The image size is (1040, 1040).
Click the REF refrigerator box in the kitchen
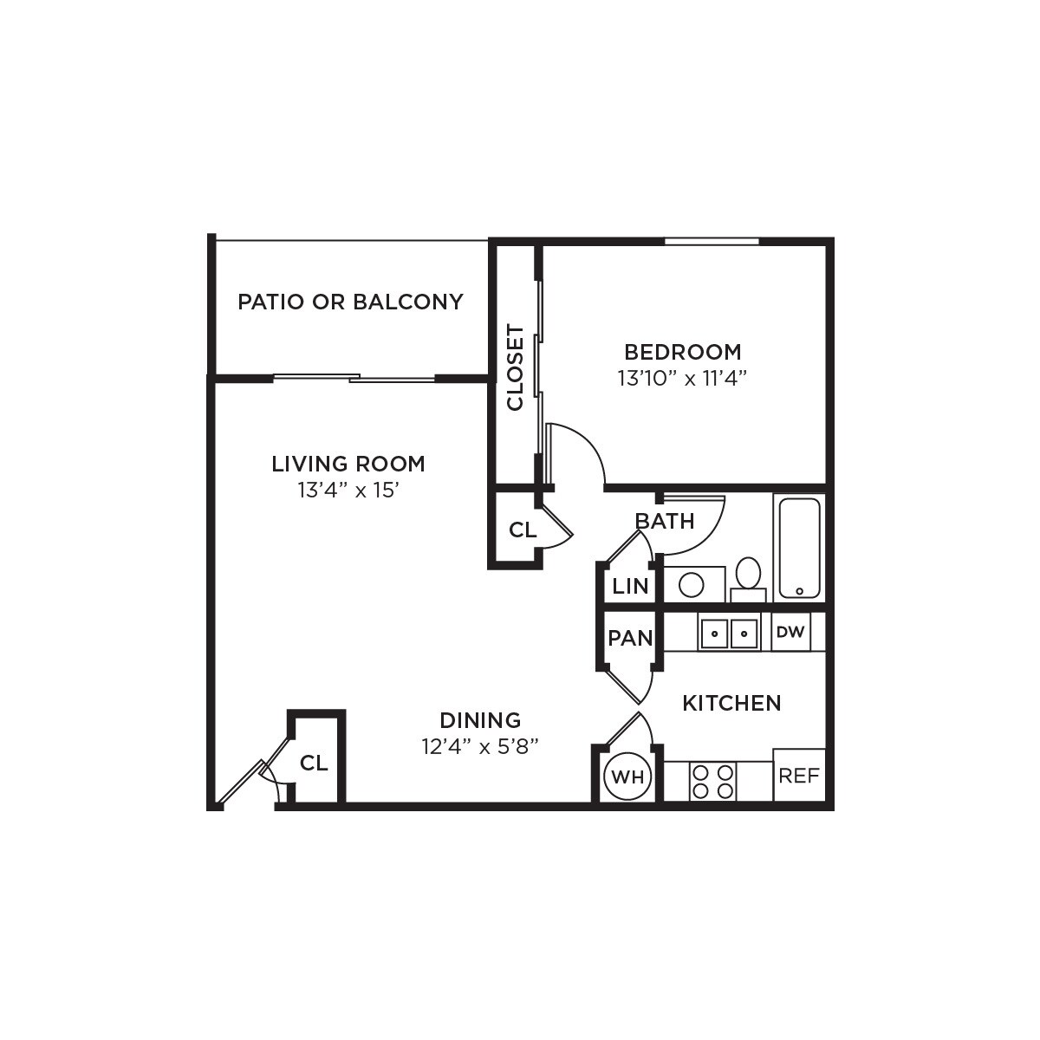pos(798,776)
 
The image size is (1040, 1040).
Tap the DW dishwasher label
pos(790,633)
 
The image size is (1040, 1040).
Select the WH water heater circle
pos(627,777)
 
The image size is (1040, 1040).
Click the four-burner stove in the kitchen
pos(712,781)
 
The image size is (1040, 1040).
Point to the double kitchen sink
pos(729,634)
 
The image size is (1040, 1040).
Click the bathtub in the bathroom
pos(799,548)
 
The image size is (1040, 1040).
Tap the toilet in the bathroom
pos(748,576)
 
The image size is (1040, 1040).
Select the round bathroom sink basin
pos(691,585)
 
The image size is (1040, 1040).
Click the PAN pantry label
pos(630,639)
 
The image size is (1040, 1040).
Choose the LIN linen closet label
pos(630,586)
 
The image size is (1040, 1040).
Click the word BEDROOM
pos(683,352)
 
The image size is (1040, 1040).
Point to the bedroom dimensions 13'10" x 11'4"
pos(682,379)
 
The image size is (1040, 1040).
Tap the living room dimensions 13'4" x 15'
pos(348,491)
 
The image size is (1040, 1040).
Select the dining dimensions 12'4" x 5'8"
pos(480,746)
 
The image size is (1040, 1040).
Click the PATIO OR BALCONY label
pos(350,302)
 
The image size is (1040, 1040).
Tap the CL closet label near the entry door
pos(314,764)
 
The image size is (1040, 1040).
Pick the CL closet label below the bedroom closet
pos(523,530)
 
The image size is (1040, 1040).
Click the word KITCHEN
pos(731,703)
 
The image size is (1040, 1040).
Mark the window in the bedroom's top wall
pos(712,241)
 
